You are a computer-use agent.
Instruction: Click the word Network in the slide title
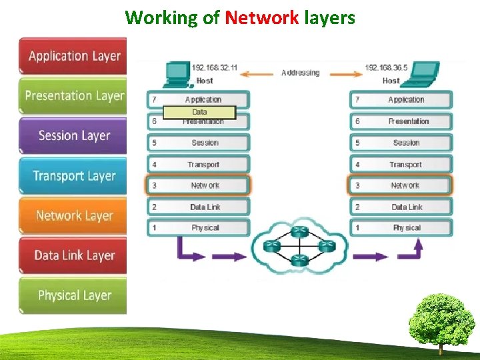(261, 17)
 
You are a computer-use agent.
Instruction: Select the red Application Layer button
(73, 55)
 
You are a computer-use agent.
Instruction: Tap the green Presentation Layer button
(73, 95)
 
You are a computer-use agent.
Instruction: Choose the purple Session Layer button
(73, 135)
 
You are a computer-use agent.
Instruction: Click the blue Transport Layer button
(73, 176)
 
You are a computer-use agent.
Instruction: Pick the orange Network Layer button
(73, 215)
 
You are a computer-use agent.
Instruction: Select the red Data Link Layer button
(73, 255)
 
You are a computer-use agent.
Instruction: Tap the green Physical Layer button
(73, 295)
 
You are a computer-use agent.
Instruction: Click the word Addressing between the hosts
(300, 73)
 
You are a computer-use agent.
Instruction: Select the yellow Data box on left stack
(199, 112)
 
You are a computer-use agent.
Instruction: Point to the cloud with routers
(299, 245)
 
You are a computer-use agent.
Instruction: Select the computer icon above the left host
(177, 72)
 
